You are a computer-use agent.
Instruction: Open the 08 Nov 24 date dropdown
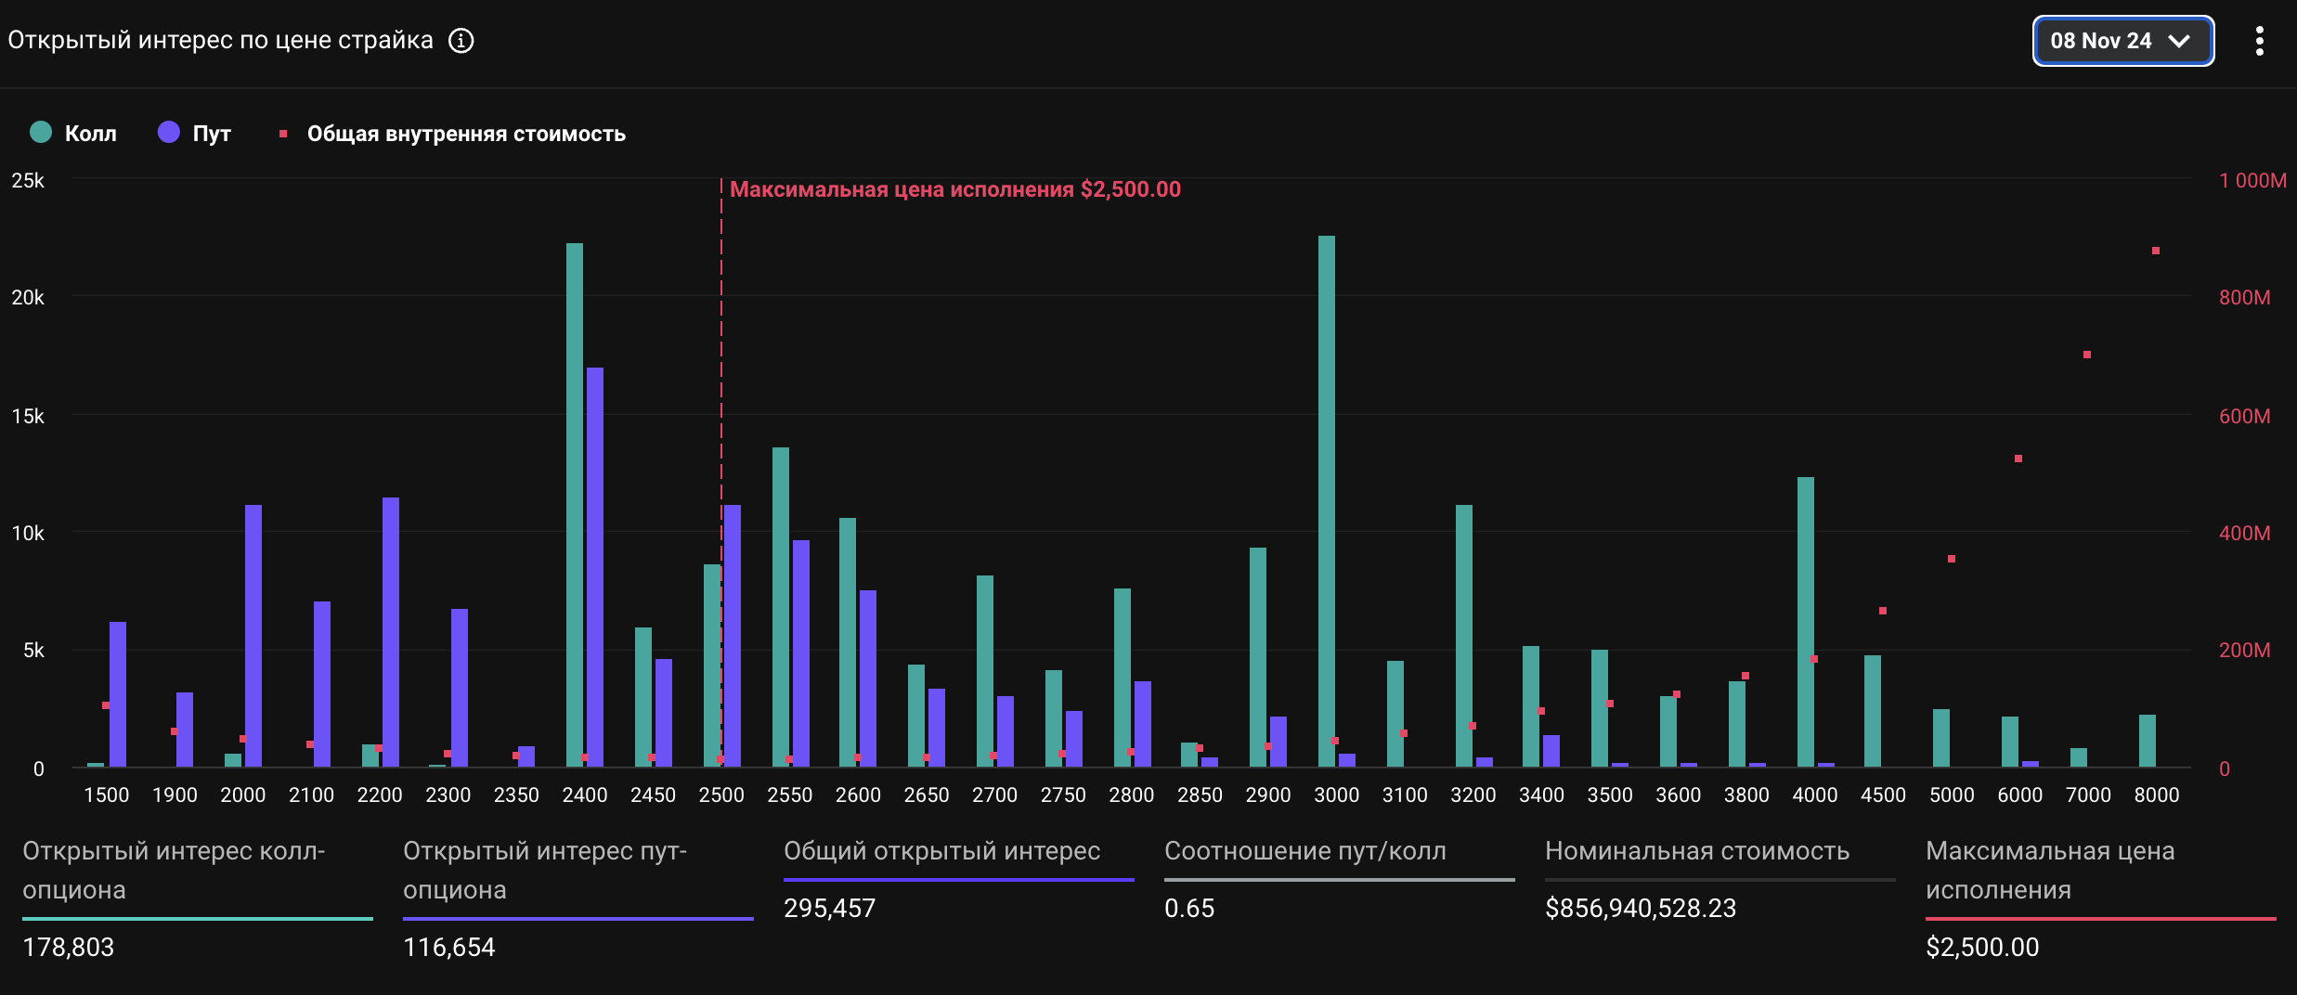tap(2122, 41)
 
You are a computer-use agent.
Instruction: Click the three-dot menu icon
tap(2259, 41)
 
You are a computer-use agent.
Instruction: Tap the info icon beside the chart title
tap(461, 41)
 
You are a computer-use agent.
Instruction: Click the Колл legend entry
tap(73, 133)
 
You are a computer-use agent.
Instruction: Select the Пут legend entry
tap(195, 133)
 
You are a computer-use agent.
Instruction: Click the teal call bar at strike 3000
tap(1326, 501)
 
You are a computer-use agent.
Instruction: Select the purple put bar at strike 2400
tap(595, 567)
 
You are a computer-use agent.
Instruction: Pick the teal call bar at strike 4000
tap(1805, 622)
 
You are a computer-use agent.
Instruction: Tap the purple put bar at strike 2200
tap(390, 632)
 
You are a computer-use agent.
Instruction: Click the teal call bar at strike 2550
tap(780, 607)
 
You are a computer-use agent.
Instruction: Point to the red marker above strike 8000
tap(2156, 251)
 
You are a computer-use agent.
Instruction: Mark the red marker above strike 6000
tap(2018, 459)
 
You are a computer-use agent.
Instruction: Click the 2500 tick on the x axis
tap(721, 795)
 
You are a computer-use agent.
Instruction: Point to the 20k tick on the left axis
tap(28, 298)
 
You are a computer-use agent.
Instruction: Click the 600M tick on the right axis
tap(2244, 416)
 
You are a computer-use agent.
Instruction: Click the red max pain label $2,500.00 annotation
tap(954, 189)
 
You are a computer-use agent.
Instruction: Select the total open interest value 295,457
tap(829, 908)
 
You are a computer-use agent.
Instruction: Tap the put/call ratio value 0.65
tap(1189, 908)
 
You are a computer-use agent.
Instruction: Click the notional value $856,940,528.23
tap(1641, 908)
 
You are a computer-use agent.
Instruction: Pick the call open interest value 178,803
tap(69, 947)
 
